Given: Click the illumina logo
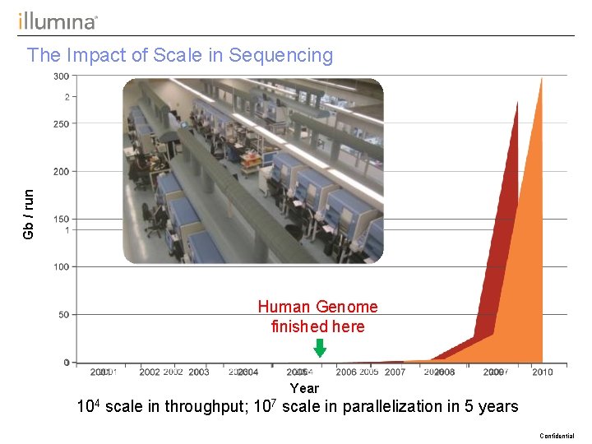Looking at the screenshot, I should [58, 21].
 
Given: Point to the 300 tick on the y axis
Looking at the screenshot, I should [62, 76].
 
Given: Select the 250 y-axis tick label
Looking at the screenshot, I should [62, 124].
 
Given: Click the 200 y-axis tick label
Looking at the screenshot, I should [62, 172].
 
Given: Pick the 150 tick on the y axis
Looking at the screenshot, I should [62, 220].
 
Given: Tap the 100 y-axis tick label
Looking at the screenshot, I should [62, 267].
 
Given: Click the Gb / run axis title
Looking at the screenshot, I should [29, 215].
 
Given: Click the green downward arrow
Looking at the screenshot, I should [320, 348].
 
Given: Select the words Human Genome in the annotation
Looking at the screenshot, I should [317, 307].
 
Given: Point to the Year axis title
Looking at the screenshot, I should [304, 388].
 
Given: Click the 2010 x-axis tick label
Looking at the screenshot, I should [542, 372].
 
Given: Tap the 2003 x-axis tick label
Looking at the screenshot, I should [199, 372].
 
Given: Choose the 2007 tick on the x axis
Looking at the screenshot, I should [395, 372].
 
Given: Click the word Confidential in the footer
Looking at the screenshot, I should [557, 436].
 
